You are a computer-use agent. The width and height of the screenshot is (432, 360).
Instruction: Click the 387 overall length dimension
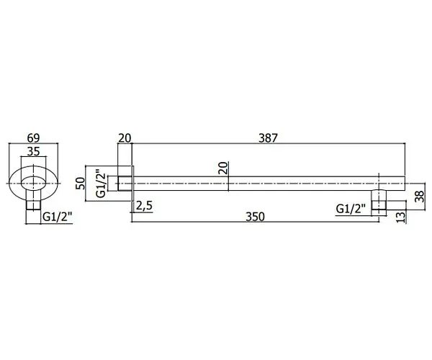tap(269, 138)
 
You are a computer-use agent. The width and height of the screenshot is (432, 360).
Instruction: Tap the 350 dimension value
tap(255, 217)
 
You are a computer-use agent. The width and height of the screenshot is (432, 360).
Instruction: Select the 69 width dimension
tap(33, 138)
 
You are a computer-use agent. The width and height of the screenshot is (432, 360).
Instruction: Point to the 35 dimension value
tap(34, 151)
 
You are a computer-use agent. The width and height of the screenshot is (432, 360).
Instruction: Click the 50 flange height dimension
tap(80, 183)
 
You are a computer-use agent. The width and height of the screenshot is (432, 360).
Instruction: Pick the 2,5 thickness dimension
tap(144, 206)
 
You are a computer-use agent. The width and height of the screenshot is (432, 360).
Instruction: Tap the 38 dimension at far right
tap(420, 197)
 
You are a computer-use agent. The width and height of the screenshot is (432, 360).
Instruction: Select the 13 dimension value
tap(402, 217)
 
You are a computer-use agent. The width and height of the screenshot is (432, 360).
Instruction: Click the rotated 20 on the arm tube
tap(223, 168)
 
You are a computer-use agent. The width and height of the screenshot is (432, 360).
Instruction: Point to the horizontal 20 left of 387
tap(125, 138)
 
